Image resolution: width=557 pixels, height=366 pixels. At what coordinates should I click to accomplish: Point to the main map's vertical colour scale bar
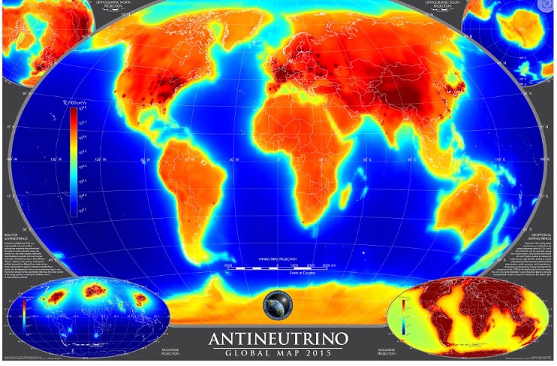tap(73, 162)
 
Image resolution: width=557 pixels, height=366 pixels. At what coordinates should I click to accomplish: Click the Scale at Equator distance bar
tap(278, 267)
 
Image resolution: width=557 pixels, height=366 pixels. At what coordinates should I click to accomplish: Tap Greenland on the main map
tap(225, 34)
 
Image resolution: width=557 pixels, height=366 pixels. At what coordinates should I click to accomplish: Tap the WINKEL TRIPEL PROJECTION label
tap(278, 256)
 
